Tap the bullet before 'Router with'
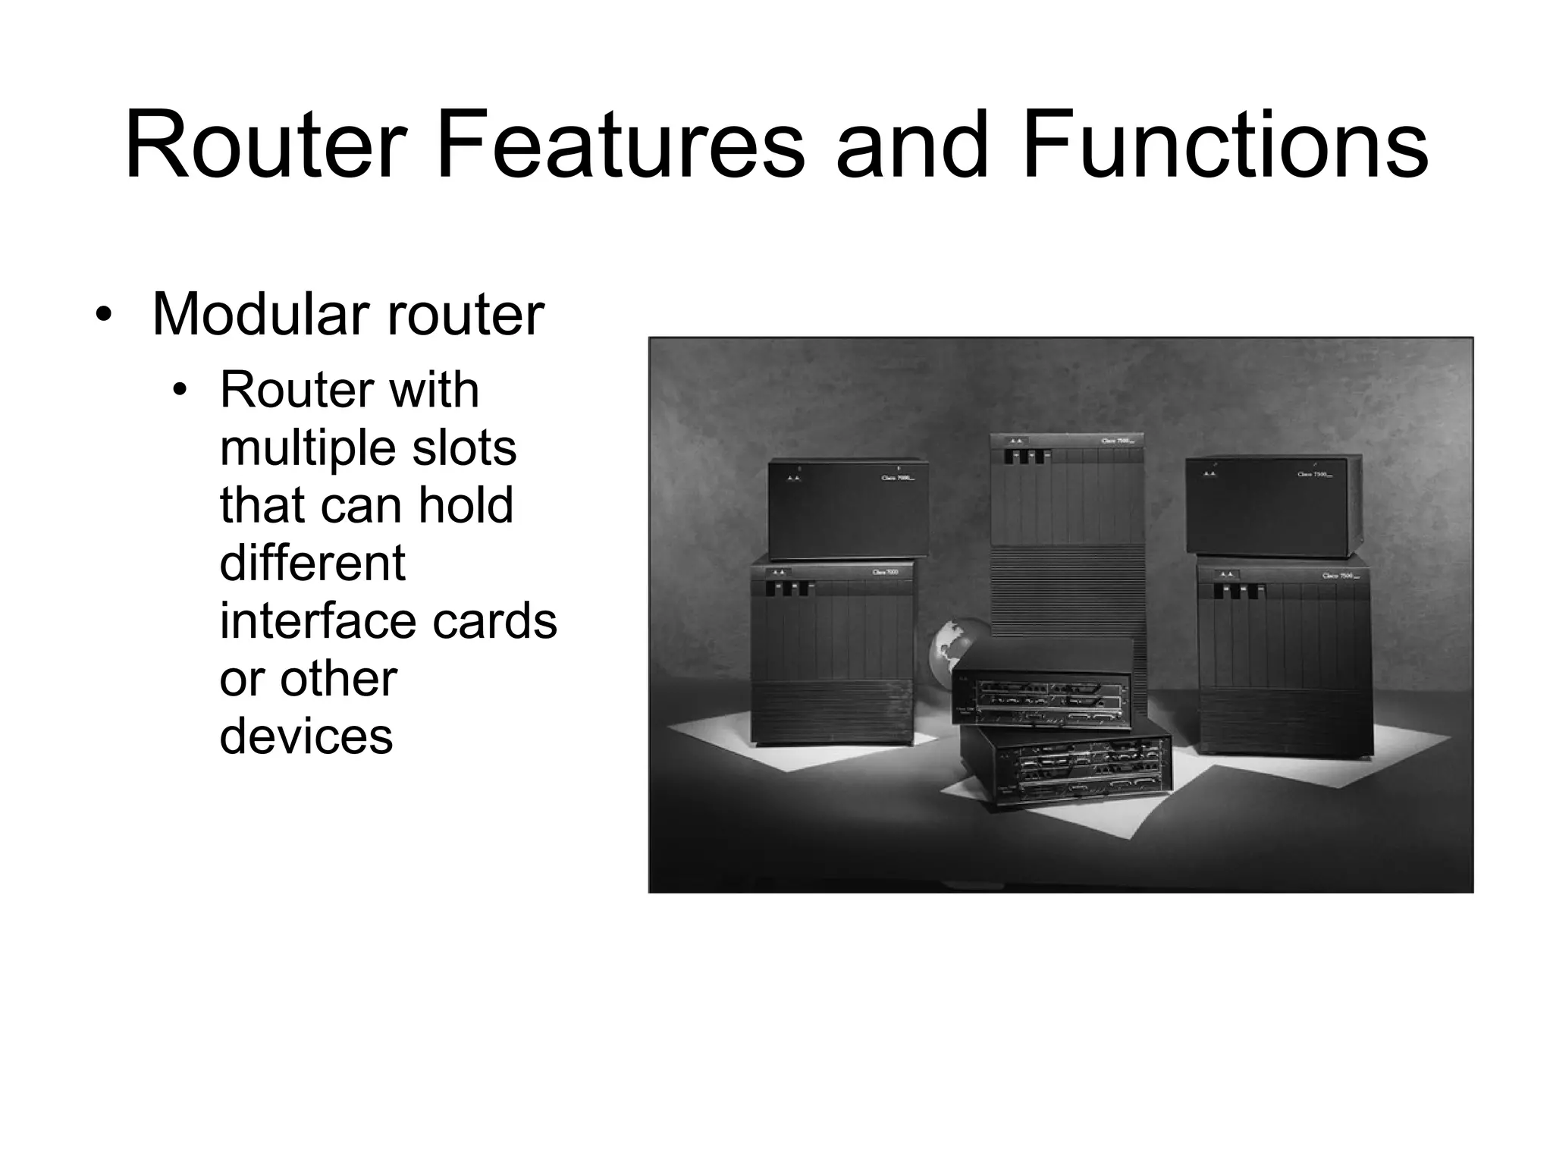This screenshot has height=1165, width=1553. coord(180,391)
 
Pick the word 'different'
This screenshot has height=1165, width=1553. coord(312,563)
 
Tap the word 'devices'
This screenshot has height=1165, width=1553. coord(306,736)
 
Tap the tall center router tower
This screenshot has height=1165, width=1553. coord(1066,531)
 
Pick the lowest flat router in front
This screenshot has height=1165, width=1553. coord(1065,769)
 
